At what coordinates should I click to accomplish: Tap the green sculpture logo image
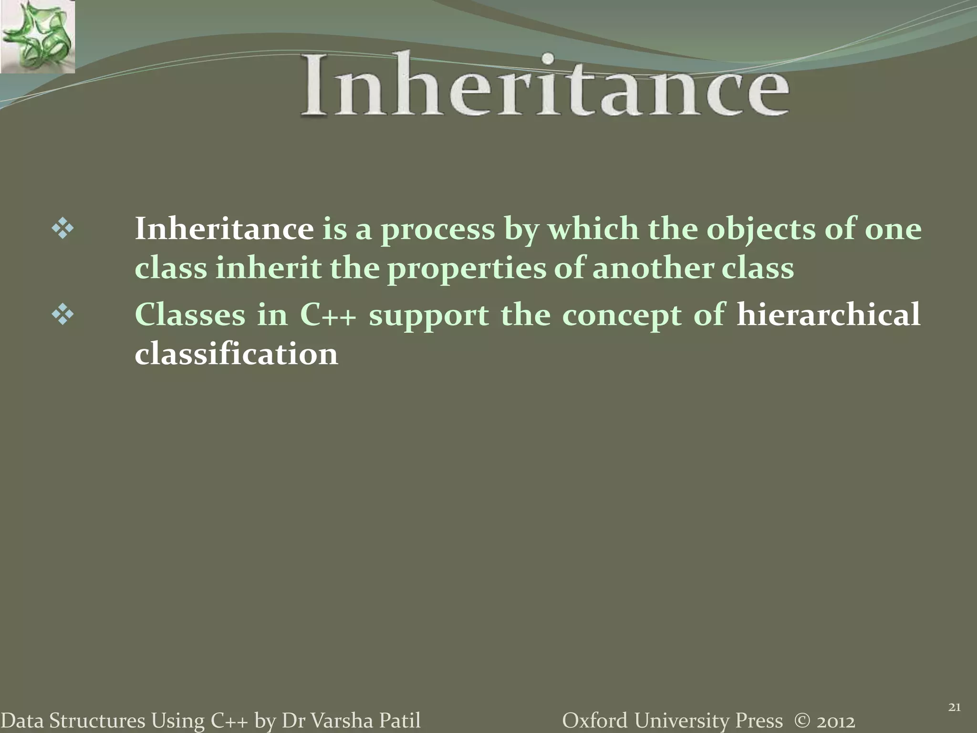pyautogui.click(x=37, y=37)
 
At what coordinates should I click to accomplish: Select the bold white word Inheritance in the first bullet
pyautogui.click(x=224, y=229)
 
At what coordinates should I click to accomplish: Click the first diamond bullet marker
pyautogui.click(x=62, y=230)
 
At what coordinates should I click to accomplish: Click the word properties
pyautogui.click(x=466, y=269)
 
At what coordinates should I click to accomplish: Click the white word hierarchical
pyautogui.click(x=828, y=315)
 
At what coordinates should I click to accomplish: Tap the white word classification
pyautogui.click(x=236, y=354)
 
